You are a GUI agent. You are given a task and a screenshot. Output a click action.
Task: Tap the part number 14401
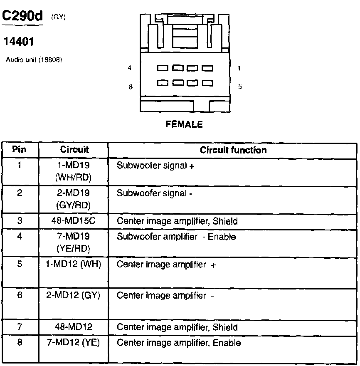pos(18,42)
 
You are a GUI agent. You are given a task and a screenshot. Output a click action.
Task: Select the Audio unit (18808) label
pos(34,60)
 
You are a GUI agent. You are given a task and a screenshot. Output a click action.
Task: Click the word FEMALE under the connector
pos(184,124)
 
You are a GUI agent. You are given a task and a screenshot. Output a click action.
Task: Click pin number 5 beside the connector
pos(240,87)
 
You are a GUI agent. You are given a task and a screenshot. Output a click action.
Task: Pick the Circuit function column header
pos(233,150)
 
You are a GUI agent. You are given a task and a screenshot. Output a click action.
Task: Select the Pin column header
pos(19,150)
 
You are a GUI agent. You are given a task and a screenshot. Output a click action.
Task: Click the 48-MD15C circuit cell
pos(73,221)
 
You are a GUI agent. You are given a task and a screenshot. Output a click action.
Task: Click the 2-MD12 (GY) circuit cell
pos(73,295)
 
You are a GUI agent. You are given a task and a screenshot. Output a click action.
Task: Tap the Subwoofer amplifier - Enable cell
pos(176,237)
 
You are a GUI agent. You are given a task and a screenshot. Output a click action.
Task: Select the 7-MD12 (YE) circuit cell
pos(73,343)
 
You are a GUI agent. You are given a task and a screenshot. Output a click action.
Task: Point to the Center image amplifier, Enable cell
pos(179,343)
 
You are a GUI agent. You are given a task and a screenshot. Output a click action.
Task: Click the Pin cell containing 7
pos(19,327)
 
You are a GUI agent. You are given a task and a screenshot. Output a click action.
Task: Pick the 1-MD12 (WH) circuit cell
pos(73,264)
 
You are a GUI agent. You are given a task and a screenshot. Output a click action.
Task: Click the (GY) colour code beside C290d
pos(59,17)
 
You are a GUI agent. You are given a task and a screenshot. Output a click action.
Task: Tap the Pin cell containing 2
pos(19,193)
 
